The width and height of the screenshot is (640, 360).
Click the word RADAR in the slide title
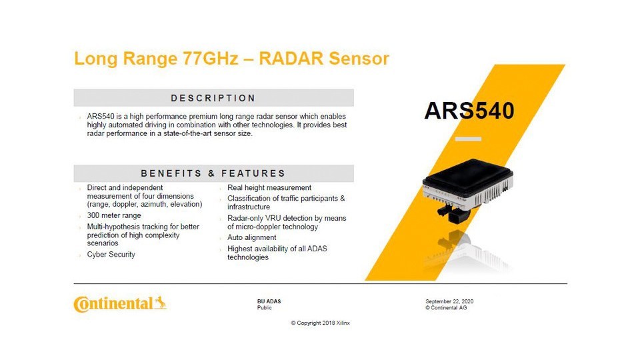pos(291,59)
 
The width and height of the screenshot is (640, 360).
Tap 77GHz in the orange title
pos(210,59)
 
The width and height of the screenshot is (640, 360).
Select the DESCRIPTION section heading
pos(213,99)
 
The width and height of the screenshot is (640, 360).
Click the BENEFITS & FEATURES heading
pos(213,173)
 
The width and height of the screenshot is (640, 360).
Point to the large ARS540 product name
pos(469,111)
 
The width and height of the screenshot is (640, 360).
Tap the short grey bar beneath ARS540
pos(468,139)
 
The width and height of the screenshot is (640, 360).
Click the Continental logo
pos(120,304)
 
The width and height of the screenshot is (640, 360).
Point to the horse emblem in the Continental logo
pos(161,303)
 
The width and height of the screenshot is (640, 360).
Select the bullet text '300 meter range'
pos(114,215)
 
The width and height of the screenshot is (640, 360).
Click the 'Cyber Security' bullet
pos(111,254)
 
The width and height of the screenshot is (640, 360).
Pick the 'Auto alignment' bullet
pos(252,237)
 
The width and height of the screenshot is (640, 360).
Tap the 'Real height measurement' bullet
pos(269,188)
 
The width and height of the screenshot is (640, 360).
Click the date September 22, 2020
pos(449,301)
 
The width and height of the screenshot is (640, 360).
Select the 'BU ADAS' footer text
pos(269,301)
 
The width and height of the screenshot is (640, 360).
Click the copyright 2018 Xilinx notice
pos(321,323)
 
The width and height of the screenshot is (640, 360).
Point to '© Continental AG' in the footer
pos(446,308)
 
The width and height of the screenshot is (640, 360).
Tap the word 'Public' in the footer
pos(265,308)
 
